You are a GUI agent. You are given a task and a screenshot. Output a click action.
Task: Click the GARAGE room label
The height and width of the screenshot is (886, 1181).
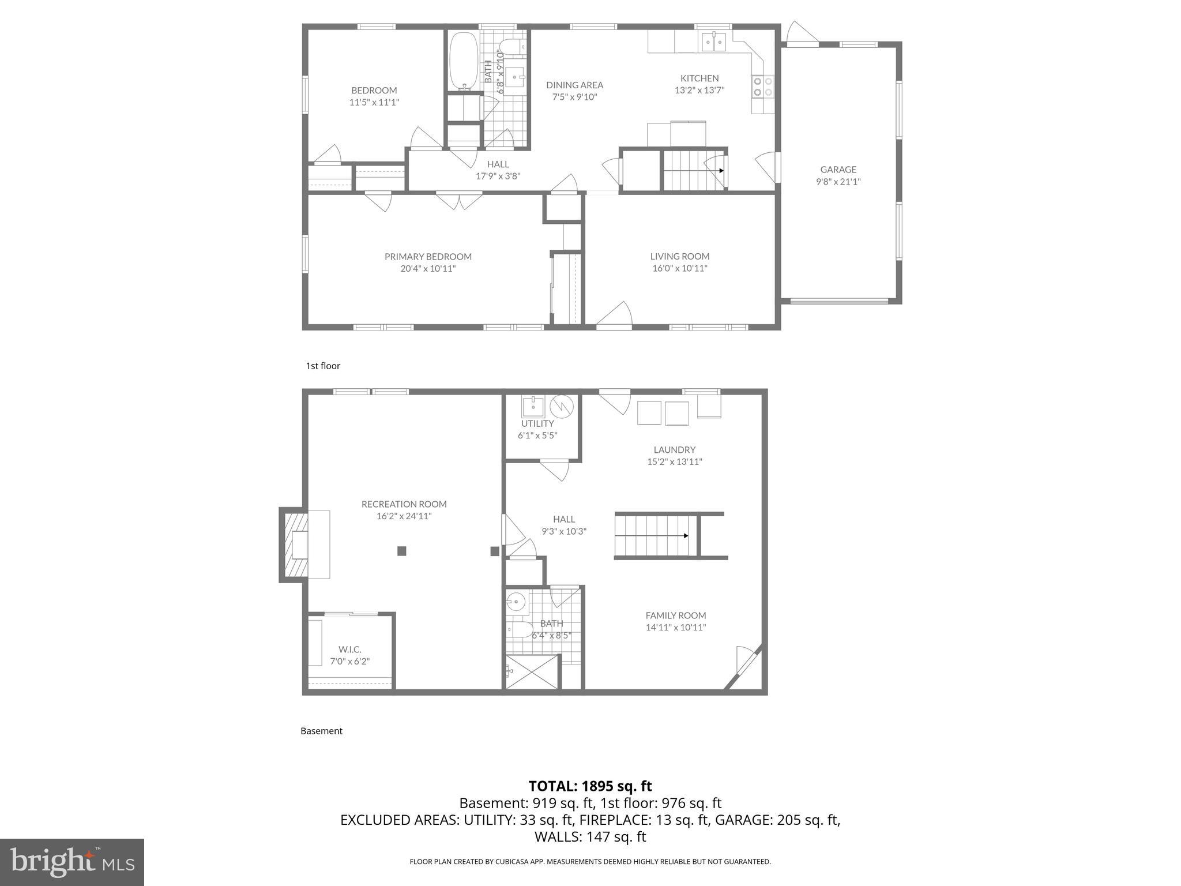[838, 170]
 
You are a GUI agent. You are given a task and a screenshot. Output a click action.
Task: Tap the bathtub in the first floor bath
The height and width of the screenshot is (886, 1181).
[464, 61]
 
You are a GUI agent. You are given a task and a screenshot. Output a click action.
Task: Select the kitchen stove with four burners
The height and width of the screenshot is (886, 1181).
[762, 87]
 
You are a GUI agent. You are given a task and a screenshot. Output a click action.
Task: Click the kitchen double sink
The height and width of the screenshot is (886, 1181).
[713, 42]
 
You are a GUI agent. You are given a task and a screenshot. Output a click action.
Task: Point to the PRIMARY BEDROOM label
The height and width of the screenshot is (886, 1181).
[428, 257]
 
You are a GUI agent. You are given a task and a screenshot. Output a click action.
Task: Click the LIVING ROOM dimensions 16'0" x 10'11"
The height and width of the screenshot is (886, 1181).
[679, 268]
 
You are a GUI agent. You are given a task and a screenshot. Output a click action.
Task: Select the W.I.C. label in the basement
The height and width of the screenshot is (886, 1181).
[349, 650]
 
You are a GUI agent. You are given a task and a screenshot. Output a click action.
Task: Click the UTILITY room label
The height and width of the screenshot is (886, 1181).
[537, 423]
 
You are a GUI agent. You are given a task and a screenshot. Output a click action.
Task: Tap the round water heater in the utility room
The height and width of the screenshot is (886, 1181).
[562, 407]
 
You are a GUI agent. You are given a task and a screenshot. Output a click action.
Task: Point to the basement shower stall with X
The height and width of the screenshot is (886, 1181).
[532, 672]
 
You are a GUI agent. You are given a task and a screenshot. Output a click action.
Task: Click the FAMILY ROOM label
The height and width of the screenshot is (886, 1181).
[675, 615]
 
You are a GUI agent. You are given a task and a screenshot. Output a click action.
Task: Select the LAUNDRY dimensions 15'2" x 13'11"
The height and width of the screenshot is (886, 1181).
[674, 461]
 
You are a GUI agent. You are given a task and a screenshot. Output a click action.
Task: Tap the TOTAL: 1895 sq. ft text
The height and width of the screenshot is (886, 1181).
[590, 786]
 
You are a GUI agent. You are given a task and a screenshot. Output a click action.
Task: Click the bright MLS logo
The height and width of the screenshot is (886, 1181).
[72, 862]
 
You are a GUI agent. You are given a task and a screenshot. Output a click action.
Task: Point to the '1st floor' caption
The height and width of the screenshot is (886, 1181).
[323, 366]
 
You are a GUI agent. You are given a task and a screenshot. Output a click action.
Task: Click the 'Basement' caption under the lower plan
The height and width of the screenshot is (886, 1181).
[321, 731]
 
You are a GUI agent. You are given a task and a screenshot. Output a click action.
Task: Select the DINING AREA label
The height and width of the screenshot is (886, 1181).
[574, 85]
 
